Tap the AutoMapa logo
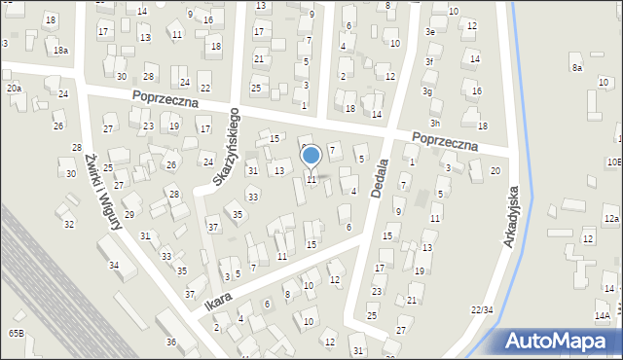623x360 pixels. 557,341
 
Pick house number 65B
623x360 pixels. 17,333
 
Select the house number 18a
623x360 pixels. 60,50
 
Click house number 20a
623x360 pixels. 14,88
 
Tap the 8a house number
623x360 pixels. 576,67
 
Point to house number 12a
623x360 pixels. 610,220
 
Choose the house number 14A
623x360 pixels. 603,315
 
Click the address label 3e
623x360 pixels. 429,31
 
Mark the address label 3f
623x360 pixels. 429,61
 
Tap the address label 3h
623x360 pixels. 435,123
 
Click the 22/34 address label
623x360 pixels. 481,309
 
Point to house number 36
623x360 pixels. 170,342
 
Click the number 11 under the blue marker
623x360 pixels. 311,179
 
